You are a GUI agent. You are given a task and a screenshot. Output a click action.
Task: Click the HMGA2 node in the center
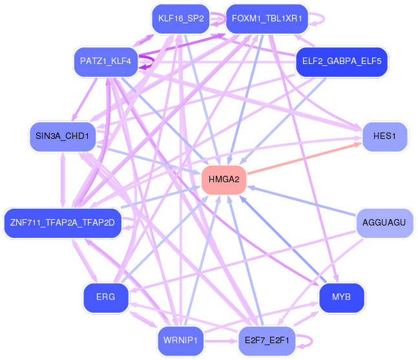[x=224, y=180]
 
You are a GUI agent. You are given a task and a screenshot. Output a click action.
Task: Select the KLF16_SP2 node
[x=181, y=19]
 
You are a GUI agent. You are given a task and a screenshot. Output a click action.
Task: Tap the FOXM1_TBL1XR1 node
[x=267, y=19]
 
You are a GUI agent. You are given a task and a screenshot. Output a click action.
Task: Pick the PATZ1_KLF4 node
[x=105, y=61]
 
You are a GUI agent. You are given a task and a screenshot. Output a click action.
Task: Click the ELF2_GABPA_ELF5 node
[x=342, y=61]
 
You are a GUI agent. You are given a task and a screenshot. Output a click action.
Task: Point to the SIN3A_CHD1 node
[x=63, y=136]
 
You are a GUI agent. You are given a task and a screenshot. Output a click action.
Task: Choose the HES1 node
[x=384, y=136]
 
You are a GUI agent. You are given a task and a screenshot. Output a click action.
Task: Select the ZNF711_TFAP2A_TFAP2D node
[x=63, y=223]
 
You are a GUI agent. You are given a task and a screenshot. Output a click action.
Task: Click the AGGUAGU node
[x=384, y=223]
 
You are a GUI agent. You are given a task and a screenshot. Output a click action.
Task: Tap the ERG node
[x=105, y=297]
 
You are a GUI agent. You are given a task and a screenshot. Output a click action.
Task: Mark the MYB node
[x=342, y=297]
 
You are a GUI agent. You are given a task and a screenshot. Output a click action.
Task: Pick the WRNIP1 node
[x=180, y=341]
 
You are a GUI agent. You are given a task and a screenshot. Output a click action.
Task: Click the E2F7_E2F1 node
[x=267, y=341]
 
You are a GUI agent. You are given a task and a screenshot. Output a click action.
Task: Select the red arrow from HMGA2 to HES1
[x=304, y=158]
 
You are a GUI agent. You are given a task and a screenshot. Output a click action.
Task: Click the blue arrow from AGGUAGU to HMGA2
[x=302, y=202]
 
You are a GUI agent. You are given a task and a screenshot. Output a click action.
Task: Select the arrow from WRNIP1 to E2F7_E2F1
[x=221, y=341]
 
